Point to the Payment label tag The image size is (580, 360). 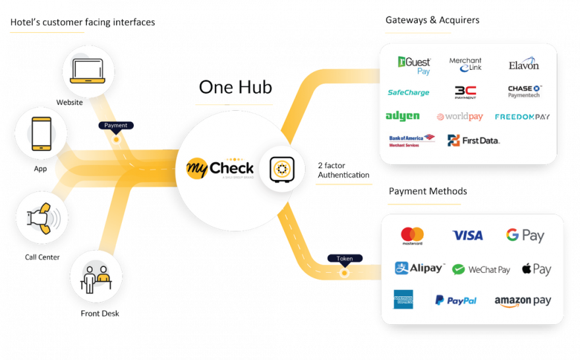point(116,125)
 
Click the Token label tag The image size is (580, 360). point(344,258)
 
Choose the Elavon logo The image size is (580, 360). point(523,65)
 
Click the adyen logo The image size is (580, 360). point(403,116)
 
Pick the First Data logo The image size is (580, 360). point(473,140)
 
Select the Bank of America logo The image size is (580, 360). point(412,140)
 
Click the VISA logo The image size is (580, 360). point(467,235)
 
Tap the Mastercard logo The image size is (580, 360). point(412,235)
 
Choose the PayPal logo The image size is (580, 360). point(455,300)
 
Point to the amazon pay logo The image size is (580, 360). point(523,301)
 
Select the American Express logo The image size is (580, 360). point(403,299)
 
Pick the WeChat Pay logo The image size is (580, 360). point(481,269)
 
